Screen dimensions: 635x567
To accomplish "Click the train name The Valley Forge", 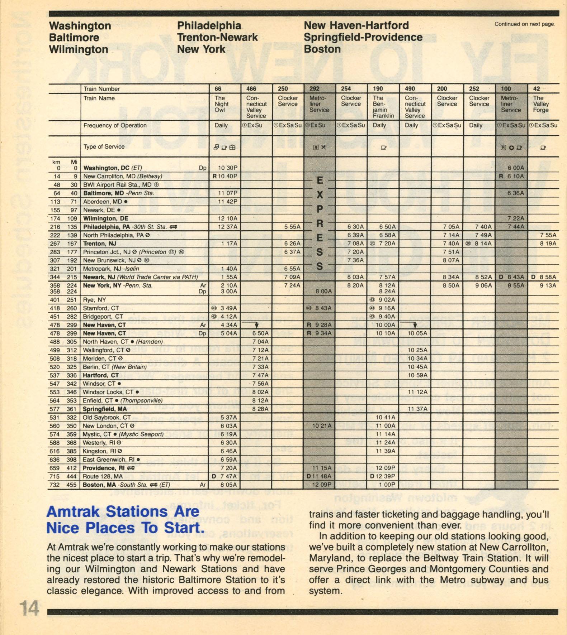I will pos(540,104).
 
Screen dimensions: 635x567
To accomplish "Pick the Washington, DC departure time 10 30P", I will pos(228,168).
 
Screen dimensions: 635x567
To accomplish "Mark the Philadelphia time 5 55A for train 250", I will pos(292,227).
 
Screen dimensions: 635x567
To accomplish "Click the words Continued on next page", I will pos(524,24).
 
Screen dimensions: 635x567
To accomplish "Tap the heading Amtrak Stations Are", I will pos(123,511).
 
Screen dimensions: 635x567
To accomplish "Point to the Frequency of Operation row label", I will pos(115,125).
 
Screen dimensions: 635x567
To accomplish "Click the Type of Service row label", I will pos(104,146).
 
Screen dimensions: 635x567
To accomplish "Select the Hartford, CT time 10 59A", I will pos(417,375).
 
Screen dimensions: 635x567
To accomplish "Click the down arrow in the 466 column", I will pos(256,325).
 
